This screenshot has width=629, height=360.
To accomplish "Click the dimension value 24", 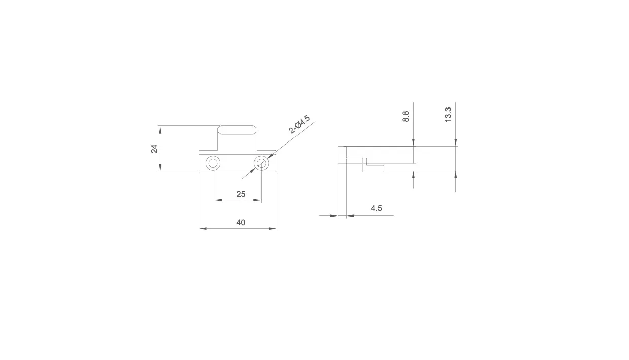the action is tap(154, 149).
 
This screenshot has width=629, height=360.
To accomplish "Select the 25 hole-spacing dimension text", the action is tap(241, 194).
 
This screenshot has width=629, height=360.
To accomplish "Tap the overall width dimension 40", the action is tap(241, 223).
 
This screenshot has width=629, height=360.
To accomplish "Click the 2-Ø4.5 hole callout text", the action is tap(300, 124).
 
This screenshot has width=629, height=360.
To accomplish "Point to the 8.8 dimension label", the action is tap(406, 116).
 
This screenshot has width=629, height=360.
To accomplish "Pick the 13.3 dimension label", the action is tap(448, 115).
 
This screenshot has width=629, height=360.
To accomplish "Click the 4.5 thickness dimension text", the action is tap(376, 208).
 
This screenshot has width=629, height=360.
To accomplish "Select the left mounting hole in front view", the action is tap(213, 163).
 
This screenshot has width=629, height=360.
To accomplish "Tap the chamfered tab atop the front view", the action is tap(238, 130).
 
